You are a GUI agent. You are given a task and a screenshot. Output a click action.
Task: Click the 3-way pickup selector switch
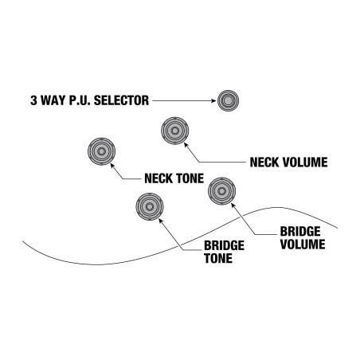pyautogui.click(x=228, y=100)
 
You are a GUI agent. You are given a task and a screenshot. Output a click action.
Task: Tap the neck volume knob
pyautogui.click(x=174, y=131)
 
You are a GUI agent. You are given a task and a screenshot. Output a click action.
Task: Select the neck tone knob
pyautogui.click(x=101, y=151)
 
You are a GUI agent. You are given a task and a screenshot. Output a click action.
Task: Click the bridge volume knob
pyautogui.click(x=221, y=191)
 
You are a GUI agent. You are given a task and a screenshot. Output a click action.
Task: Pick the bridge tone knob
pyautogui.click(x=150, y=206)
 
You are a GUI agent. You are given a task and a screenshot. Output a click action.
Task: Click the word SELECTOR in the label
pyautogui.click(x=121, y=100)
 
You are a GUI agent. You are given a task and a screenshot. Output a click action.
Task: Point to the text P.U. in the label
pyautogui.click(x=80, y=100)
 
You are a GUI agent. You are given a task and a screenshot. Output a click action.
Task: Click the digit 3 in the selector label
pyautogui.click(x=33, y=100)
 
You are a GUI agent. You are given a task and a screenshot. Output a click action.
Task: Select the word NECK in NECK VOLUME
pyautogui.click(x=264, y=162)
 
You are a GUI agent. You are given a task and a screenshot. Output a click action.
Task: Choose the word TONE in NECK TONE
pyautogui.click(x=190, y=178)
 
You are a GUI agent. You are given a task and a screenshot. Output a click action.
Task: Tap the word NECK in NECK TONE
pyautogui.click(x=158, y=178)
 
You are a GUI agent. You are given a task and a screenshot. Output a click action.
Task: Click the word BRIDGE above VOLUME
pyautogui.click(x=300, y=231)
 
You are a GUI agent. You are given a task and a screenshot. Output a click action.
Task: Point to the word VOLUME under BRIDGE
pyautogui.click(x=303, y=245)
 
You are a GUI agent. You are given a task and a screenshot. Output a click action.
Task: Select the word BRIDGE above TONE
pyautogui.click(x=225, y=245)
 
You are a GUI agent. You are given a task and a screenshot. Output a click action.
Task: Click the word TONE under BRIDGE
pyautogui.click(x=218, y=258)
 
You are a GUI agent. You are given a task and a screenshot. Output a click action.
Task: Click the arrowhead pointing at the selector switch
pyautogui.click(x=214, y=100)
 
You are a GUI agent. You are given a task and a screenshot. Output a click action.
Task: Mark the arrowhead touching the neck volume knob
pyautogui.click(x=186, y=145)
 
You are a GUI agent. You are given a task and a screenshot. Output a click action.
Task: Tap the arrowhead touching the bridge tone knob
pyautogui.click(x=161, y=221)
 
